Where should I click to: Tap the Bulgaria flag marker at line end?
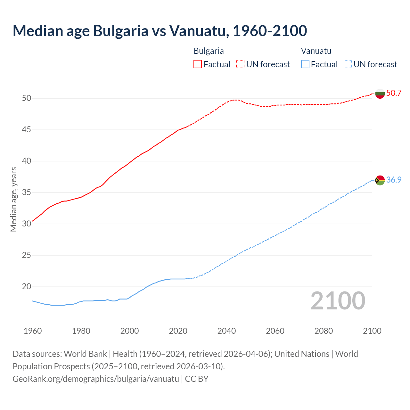coord(380,94)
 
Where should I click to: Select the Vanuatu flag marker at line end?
coord(380,180)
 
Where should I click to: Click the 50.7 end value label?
coord(394,93)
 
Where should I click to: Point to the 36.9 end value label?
coord(394,180)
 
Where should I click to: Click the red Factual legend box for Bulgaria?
coord(198,64)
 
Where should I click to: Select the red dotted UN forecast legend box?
coord(240,64)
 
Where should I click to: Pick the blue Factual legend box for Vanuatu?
coord(305,64)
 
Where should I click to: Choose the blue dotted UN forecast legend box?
coord(348,64)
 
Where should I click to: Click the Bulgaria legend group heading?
coord(209,51)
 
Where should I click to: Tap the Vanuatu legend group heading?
coord(316,51)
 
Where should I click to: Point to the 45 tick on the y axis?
coord(27,130)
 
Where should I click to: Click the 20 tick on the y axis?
coord(27,287)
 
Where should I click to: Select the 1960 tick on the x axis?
coord(33,331)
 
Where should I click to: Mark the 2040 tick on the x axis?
coord(226,331)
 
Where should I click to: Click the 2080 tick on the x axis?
coord(324,331)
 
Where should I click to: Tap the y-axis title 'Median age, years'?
coord(13,199)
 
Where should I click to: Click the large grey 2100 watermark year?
coord(338,301)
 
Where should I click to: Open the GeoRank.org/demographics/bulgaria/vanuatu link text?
coord(95,379)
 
